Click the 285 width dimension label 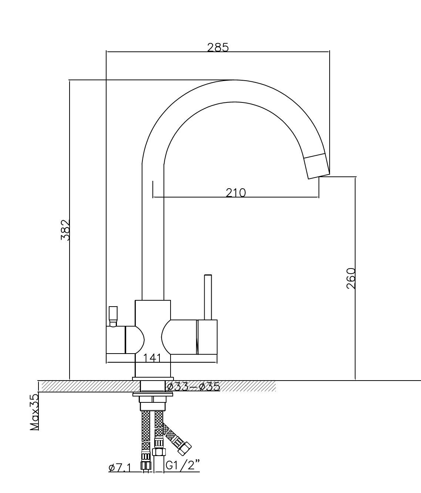(218, 47)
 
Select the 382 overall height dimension (65, 230)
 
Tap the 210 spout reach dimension (236, 193)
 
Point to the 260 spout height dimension (351, 278)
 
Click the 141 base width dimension (152, 358)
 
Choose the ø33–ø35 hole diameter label (193, 387)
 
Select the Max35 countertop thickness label (35, 412)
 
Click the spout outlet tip (317, 166)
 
